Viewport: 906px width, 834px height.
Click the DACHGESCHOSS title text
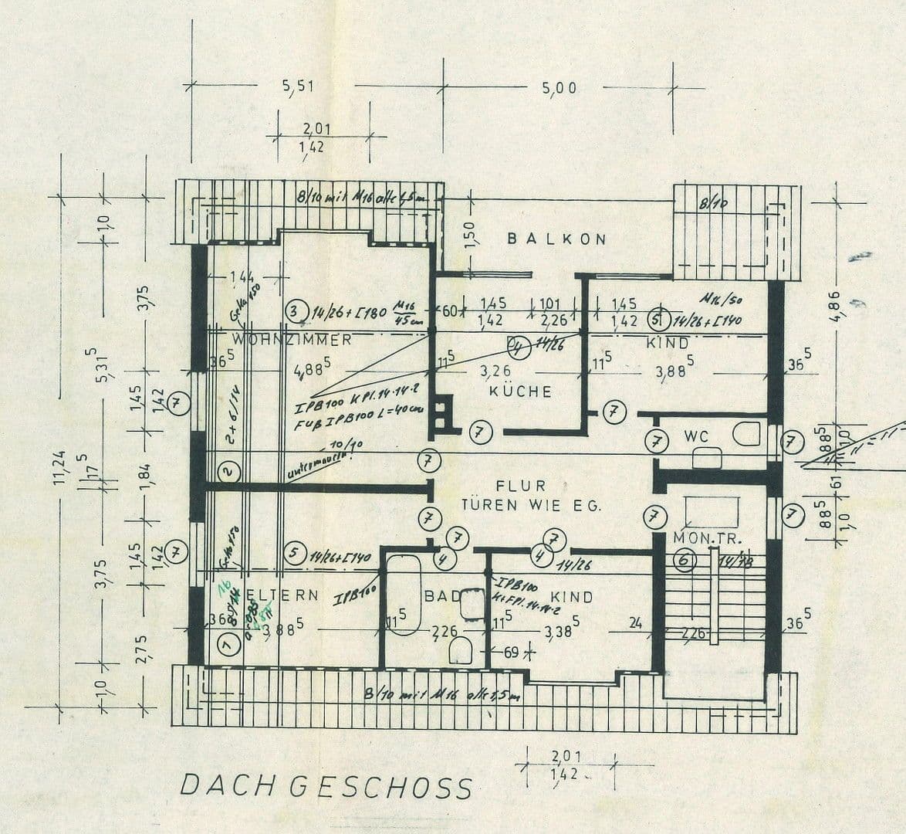[325, 786]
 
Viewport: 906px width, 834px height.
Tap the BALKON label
[556, 239]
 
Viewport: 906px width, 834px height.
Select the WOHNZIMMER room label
[292, 340]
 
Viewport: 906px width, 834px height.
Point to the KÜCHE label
[521, 392]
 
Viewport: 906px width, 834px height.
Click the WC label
[696, 436]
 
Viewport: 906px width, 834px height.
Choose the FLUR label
[521, 486]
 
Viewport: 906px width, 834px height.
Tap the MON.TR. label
[701, 537]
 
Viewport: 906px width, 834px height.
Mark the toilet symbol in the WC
[746, 434]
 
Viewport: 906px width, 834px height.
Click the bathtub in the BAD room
[403, 595]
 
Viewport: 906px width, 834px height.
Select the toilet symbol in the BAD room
[461, 650]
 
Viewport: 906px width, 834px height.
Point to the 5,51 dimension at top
[298, 86]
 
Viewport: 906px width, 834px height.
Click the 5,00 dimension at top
[559, 88]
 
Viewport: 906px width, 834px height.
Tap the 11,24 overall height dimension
[59, 466]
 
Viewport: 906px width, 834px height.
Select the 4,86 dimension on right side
[840, 306]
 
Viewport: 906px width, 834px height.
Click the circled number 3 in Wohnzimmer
[294, 311]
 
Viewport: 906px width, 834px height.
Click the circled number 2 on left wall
[227, 470]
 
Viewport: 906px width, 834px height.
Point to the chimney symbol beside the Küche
[441, 412]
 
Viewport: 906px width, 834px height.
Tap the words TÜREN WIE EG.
[531, 505]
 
